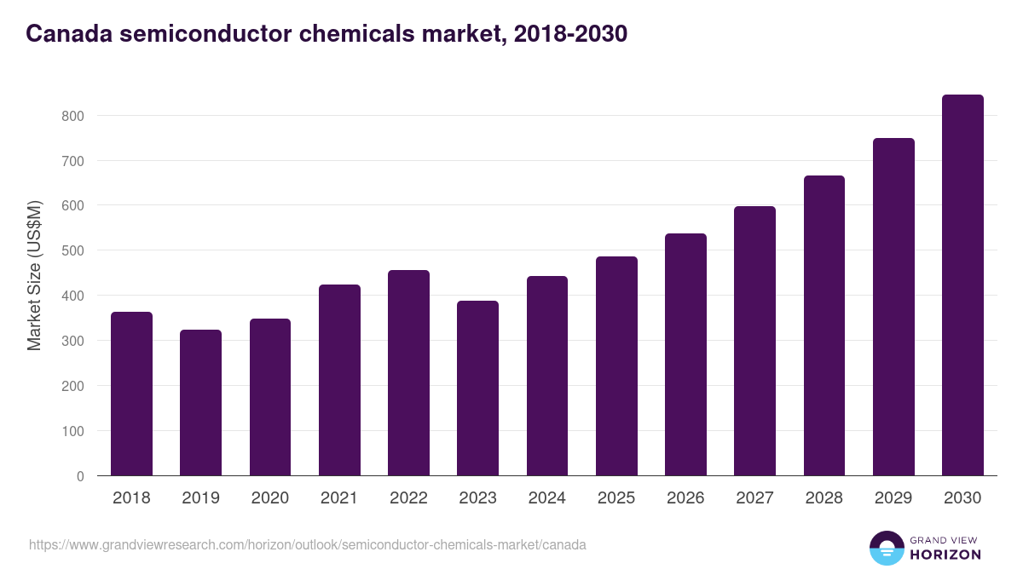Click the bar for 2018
pyautogui.click(x=131, y=394)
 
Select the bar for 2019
pyautogui.click(x=200, y=403)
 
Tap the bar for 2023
pyautogui.click(x=477, y=388)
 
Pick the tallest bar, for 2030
pyautogui.click(x=962, y=285)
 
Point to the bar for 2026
pyautogui.click(x=685, y=354)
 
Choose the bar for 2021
pyautogui.click(x=339, y=380)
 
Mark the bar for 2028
pyautogui.click(x=824, y=325)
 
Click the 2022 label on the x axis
pyautogui.click(x=408, y=498)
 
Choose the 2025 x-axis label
pyautogui.click(x=616, y=498)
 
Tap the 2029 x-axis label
pyautogui.click(x=893, y=498)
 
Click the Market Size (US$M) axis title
pyautogui.click(x=34, y=275)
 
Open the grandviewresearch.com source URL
pyautogui.click(x=308, y=544)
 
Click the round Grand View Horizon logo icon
pyautogui.click(x=886, y=548)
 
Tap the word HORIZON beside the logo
pyautogui.click(x=945, y=555)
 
